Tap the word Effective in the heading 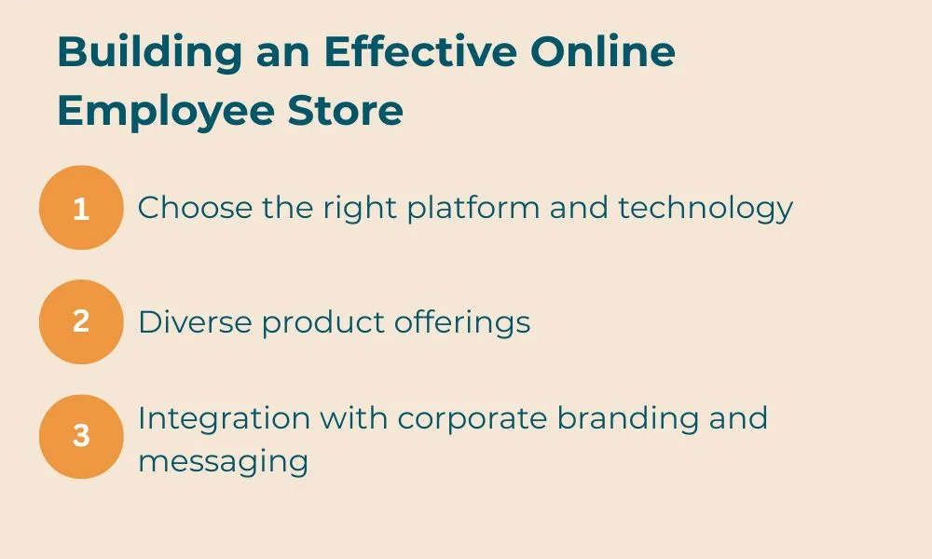(x=421, y=51)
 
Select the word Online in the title (x=603, y=51)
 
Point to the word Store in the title (x=346, y=111)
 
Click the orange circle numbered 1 (x=81, y=208)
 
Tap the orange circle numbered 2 (x=81, y=322)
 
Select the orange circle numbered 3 (x=81, y=437)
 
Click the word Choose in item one (x=195, y=208)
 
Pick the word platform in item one (x=473, y=209)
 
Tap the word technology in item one (x=706, y=209)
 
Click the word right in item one (x=360, y=209)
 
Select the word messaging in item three (x=224, y=462)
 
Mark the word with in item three (x=353, y=418)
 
